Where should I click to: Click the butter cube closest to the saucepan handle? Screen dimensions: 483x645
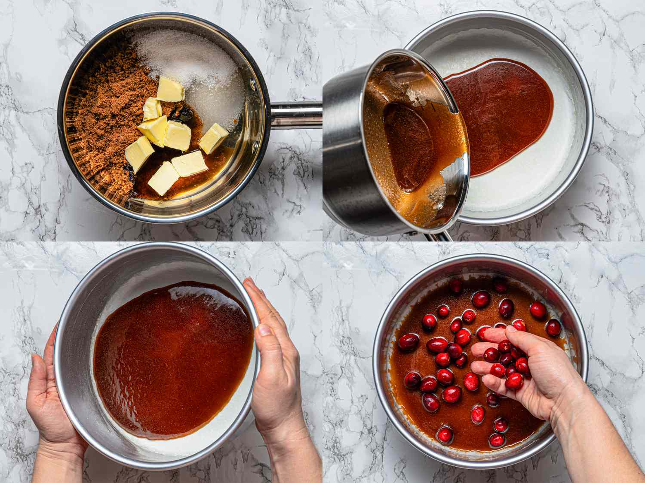point(213,138)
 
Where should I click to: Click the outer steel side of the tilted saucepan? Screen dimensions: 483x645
point(342,142)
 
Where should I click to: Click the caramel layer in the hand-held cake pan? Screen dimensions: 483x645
point(172,356)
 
